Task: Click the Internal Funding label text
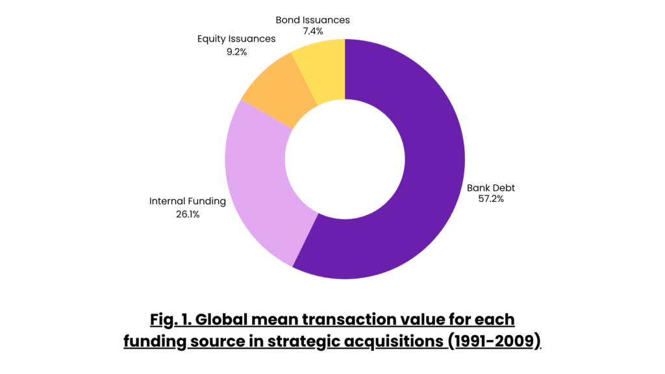click(x=188, y=201)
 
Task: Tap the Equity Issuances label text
click(x=236, y=39)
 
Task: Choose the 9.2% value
click(x=236, y=51)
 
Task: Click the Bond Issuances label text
click(x=312, y=20)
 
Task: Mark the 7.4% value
click(x=312, y=31)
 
